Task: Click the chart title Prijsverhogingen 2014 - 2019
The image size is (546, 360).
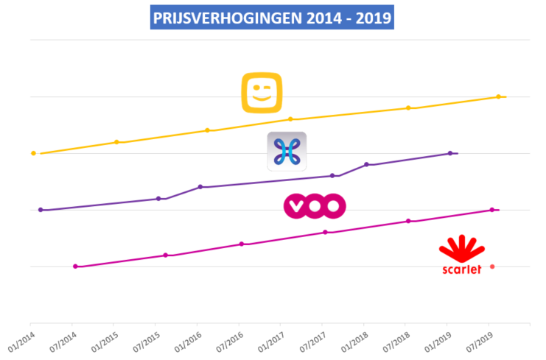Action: [273, 16]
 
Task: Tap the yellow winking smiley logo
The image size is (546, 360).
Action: [262, 93]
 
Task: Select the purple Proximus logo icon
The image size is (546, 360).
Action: [287, 151]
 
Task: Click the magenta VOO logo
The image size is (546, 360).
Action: [315, 207]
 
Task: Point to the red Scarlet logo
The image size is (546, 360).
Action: [461, 254]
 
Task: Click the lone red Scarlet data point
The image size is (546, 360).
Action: [492, 267]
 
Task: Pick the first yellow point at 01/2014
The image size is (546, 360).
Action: [33, 153]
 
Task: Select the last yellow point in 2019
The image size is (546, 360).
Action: [499, 96]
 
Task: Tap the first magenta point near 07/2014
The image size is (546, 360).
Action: [75, 267]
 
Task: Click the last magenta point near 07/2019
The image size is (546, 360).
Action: [492, 210]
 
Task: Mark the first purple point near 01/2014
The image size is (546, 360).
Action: [41, 210]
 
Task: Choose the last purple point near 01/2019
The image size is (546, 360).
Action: [450, 153]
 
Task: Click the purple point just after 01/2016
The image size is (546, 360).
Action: [200, 187]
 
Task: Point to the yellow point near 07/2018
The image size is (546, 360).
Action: [408, 108]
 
